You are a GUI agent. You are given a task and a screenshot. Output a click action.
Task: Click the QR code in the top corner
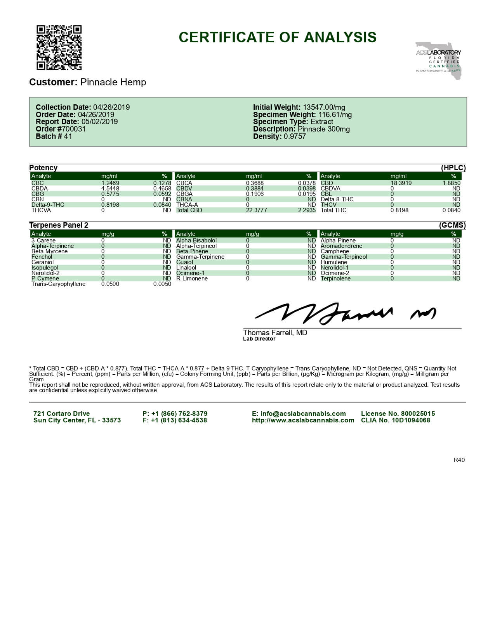point(59,47)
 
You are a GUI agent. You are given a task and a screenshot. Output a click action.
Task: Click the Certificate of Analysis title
point(277,37)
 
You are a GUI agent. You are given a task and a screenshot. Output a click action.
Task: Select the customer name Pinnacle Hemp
point(113,82)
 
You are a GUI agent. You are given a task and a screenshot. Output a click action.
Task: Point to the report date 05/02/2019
point(99,122)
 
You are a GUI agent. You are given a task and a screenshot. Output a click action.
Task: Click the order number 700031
point(71,129)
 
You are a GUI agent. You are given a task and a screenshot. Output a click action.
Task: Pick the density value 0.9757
point(295,137)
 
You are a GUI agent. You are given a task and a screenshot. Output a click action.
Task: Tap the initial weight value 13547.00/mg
point(324,107)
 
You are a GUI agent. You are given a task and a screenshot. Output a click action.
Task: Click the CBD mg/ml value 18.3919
point(401,183)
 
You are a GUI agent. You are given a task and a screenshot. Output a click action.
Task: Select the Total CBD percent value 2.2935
point(307,210)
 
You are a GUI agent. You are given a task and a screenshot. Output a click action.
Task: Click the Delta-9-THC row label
point(48,205)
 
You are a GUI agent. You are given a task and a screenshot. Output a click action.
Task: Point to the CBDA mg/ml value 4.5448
point(110,189)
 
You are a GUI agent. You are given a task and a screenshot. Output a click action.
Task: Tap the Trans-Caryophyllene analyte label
point(58,284)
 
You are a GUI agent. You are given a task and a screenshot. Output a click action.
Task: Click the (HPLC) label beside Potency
point(453,168)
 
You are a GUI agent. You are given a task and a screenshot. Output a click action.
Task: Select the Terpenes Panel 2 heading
point(59,225)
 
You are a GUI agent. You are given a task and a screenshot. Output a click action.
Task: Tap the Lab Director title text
point(259,339)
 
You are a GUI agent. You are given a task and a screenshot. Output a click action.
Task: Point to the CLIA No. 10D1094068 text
point(395,420)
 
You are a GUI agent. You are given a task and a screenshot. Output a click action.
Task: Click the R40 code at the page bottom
point(459,460)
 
